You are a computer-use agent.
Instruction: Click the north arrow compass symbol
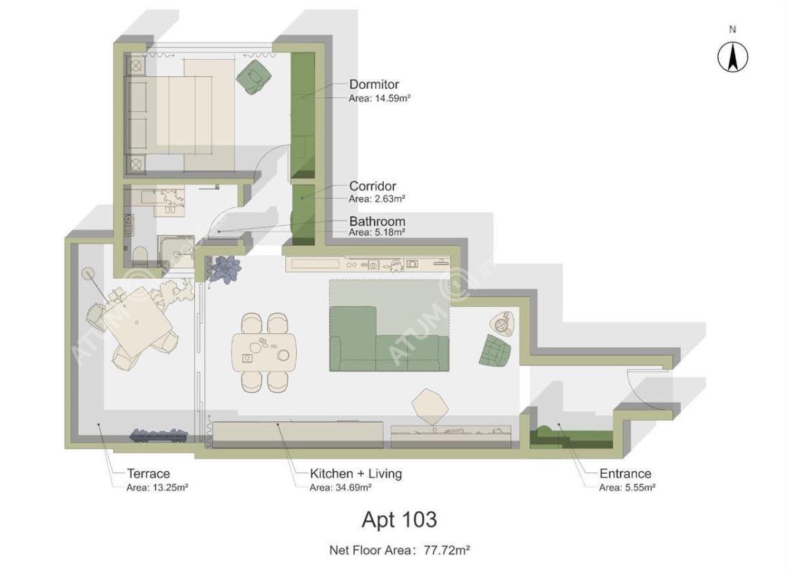pyautogui.click(x=733, y=57)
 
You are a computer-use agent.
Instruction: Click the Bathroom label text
pyautogui.click(x=376, y=221)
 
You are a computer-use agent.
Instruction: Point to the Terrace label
pyautogui.click(x=148, y=473)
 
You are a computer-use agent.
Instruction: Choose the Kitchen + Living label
pyautogui.click(x=355, y=473)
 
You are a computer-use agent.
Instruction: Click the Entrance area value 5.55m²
pyautogui.click(x=628, y=488)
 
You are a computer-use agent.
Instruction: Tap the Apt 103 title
pyautogui.click(x=399, y=520)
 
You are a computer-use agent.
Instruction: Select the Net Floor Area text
pyautogui.click(x=399, y=551)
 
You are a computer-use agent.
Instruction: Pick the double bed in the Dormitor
pyautogui.click(x=180, y=115)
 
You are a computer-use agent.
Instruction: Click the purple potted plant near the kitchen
pyautogui.click(x=225, y=269)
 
